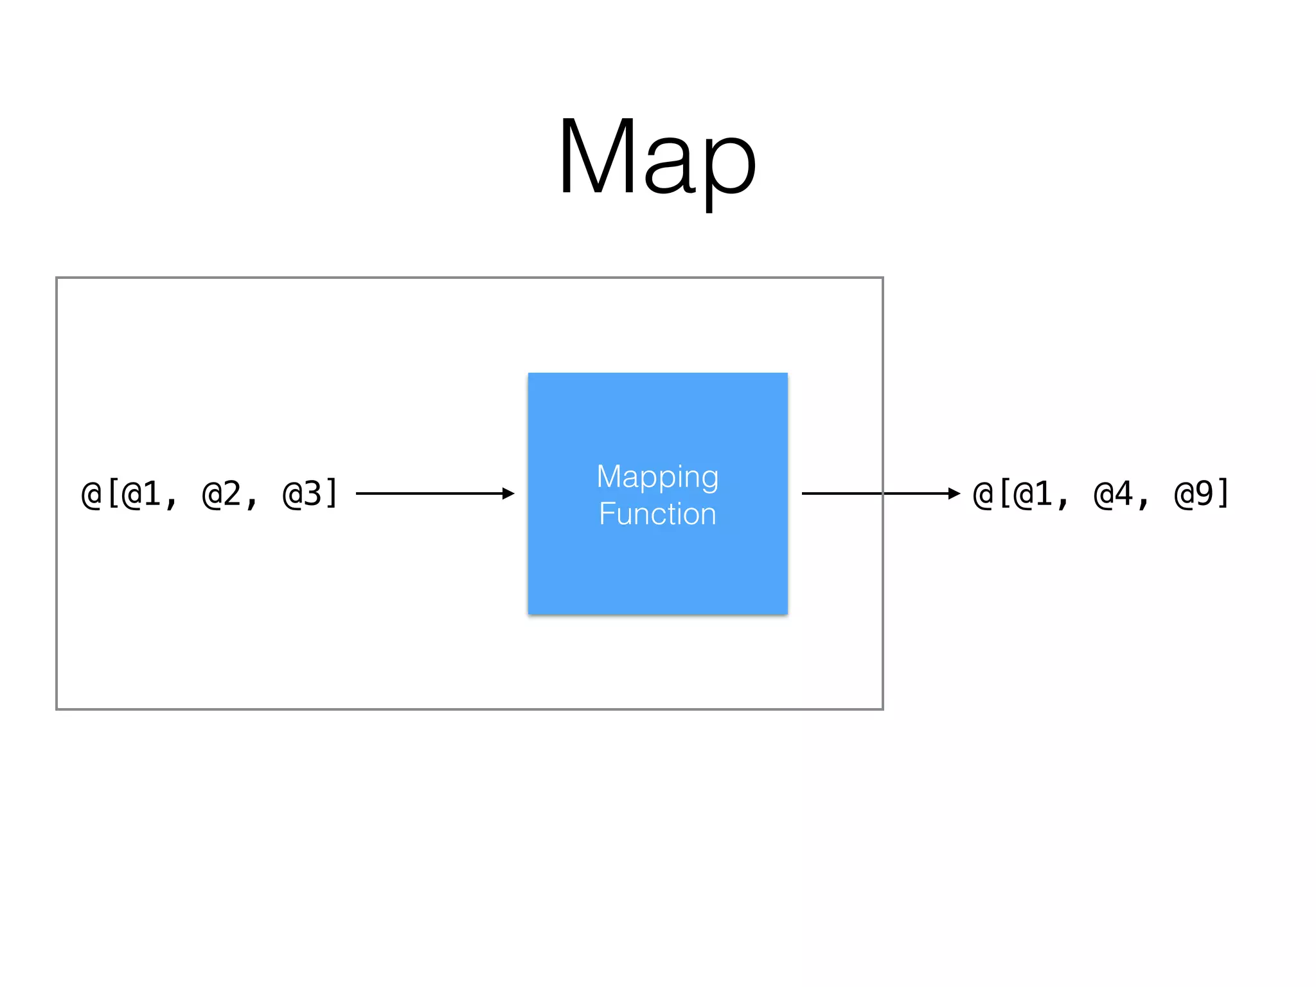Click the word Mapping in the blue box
pyautogui.click(x=657, y=477)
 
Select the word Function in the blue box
pyautogui.click(x=657, y=514)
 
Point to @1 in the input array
pyautogui.click(x=142, y=494)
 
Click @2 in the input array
pyautogui.click(x=222, y=494)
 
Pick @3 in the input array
pyautogui.click(x=302, y=494)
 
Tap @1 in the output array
pyautogui.click(x=1033, y=494)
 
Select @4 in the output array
pyautogui.click(x=1114, y=494)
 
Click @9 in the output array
pyautogui.click(x=1194, y=494)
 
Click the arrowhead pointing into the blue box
pyautogui.click(x=508, y=493)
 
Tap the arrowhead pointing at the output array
pyautogui.click(x=954, y=493)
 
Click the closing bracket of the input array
pyautogui.click(x=332, y=493)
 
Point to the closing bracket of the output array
pyautogui.click(x=1223, y=493)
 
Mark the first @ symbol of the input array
pyautogui.click(x=91, y=494)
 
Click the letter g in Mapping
pyautogui.click(x=709, y=480)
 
